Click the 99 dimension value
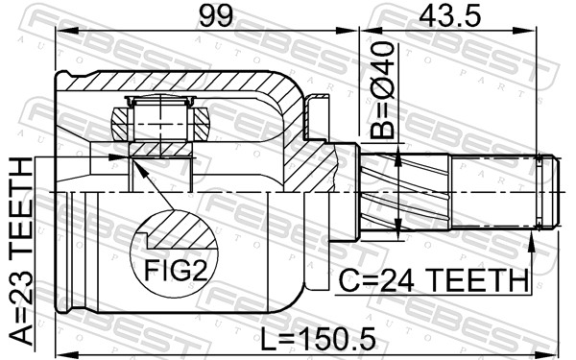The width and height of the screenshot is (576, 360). point(216,16)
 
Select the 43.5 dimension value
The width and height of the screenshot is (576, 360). point(449,16)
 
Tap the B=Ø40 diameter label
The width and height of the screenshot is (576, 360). point(382,90)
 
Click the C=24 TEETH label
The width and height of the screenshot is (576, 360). point(434,280)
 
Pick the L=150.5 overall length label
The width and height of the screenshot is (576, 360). point(318,339)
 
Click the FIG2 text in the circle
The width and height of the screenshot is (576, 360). point(176,270)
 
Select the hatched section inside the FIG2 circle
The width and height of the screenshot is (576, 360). point(181,231)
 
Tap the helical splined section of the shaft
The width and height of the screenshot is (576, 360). point(405,192)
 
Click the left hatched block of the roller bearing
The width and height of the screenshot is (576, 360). point(120,124)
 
